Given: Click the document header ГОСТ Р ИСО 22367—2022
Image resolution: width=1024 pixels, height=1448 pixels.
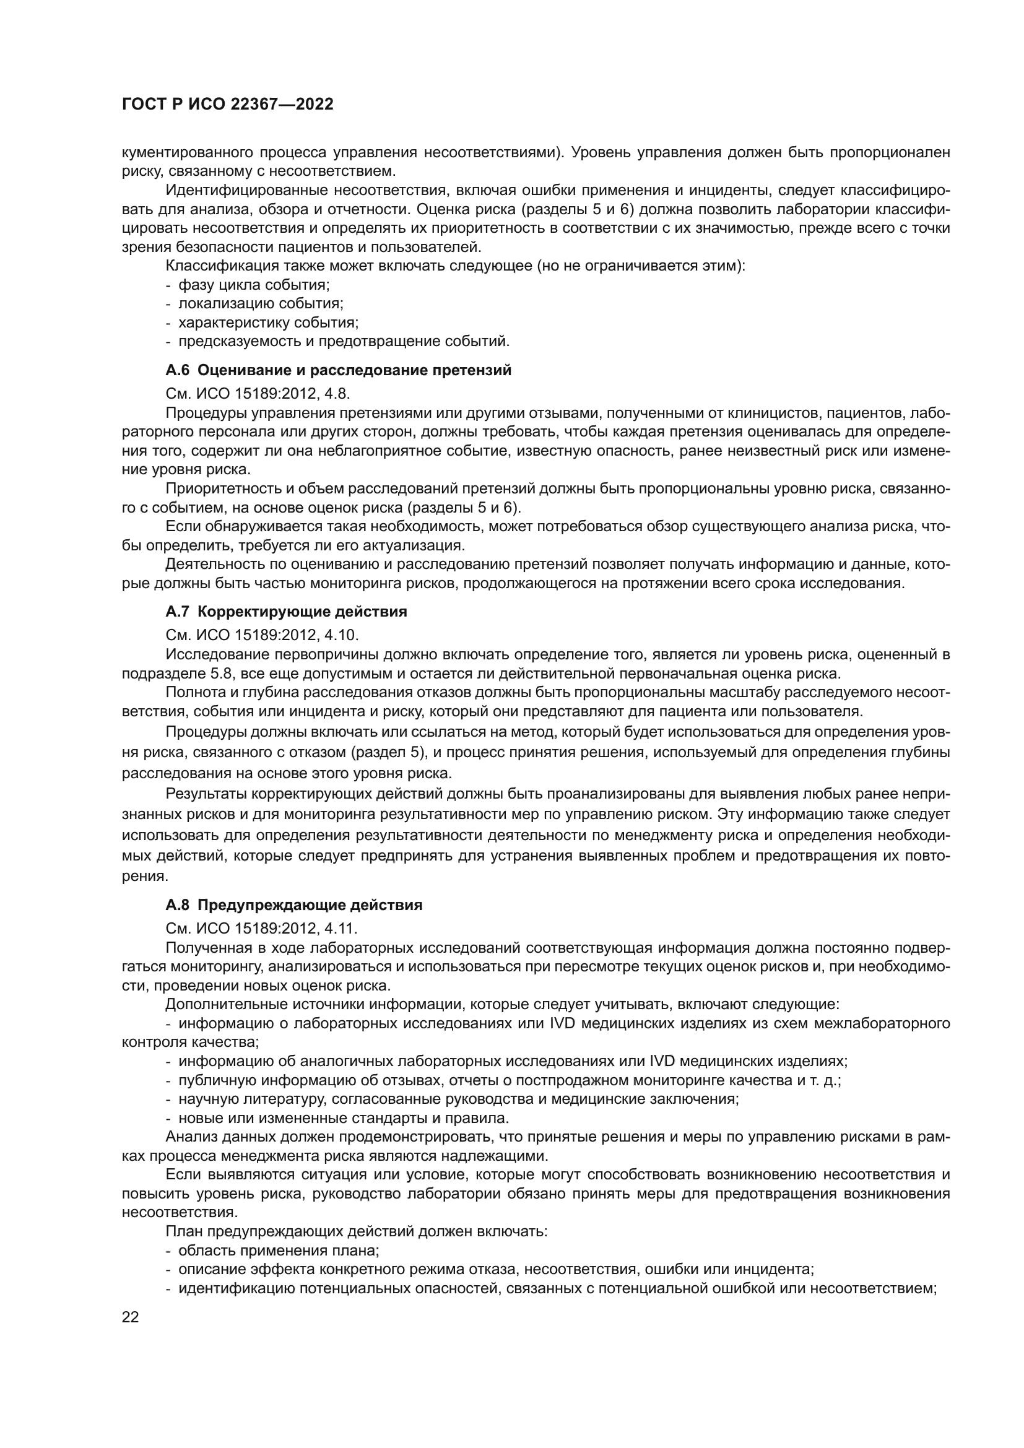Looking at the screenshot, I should tap(227, 105).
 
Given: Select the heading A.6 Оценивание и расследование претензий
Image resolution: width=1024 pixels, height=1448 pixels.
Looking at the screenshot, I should tap(338, 370).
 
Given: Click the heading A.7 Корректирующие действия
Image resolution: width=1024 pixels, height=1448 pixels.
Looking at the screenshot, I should tap(285, 611).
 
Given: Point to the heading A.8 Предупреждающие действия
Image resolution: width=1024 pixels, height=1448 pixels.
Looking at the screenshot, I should tap(293, 904).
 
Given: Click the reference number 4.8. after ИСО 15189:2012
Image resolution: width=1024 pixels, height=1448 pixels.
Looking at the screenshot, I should tap(335, 394).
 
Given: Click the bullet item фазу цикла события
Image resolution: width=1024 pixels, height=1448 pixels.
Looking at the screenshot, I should tap(253, 284).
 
